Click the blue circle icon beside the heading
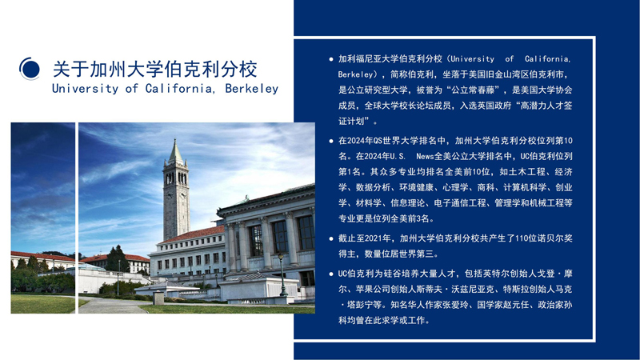tap(30, 69)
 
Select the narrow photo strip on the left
tap(42, 218)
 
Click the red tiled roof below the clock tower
tap(192, 234)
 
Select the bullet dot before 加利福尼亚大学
tap(331, 59)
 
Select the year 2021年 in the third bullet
tap(379, 238)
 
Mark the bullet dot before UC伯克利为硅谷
tap(331, 274)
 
